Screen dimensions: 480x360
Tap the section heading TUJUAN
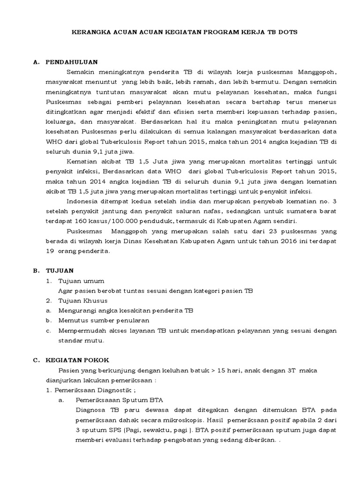coord(60,270)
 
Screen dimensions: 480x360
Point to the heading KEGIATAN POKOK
coord(77,360)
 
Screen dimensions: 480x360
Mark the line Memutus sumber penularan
coord(104,320)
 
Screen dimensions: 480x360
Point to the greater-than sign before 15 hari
coord(214,370)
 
